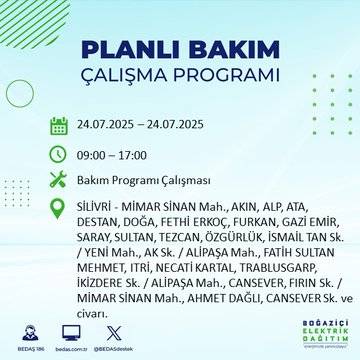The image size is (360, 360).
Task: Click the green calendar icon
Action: (x=59, y=125)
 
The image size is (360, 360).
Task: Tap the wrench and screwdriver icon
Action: (x=59, y=180)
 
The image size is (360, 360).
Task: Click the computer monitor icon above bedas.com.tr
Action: (x=71, y=334)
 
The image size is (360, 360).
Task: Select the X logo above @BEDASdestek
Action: (x=118, y=334)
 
